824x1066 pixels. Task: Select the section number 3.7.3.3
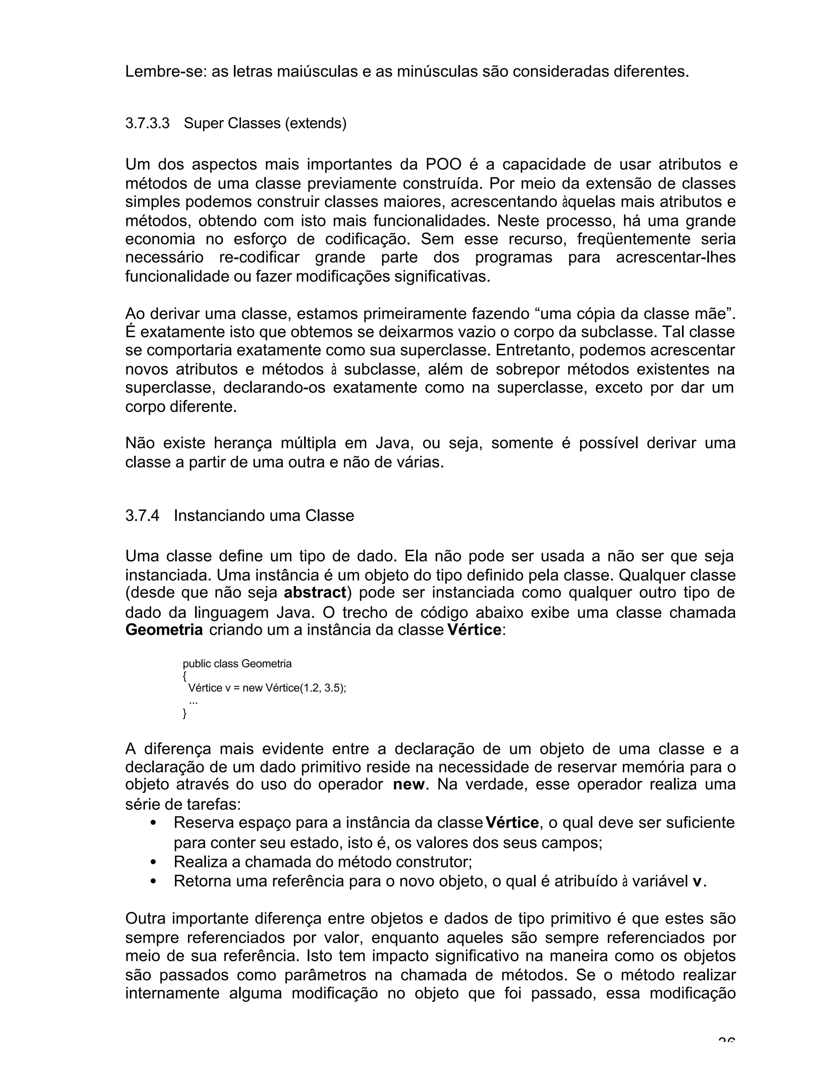(x=147, y=123)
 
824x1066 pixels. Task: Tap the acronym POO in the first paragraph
(x=443, y=165)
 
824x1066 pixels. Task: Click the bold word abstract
(x=315, y=593)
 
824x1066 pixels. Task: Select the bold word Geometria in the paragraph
(x=164, y=630)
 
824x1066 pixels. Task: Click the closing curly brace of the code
(x=185, y=714)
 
